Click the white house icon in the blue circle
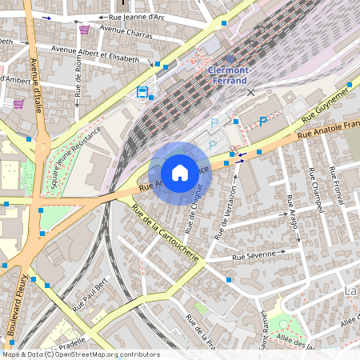180,173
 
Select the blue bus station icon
142,92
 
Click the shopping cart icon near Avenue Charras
84,30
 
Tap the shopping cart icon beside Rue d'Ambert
18,104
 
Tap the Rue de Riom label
78,79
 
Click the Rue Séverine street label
254,255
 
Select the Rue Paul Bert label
90,296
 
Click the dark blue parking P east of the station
263,122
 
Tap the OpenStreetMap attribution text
81,354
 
